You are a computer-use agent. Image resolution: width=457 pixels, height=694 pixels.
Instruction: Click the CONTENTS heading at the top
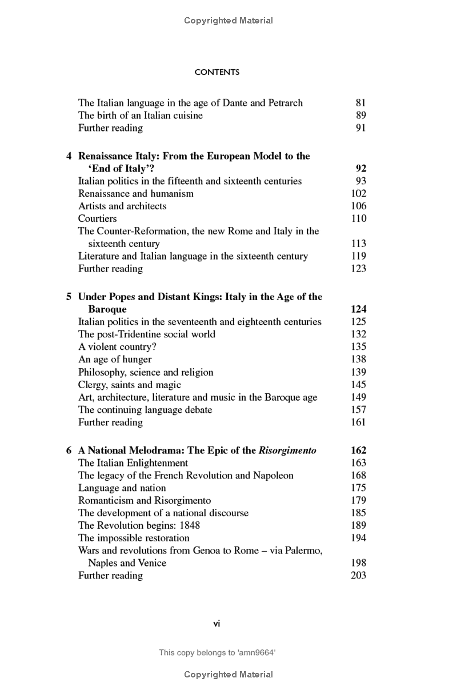pyautogui.click(x=217, y=73)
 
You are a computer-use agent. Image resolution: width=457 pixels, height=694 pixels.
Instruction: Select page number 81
pyautogui.click(x=360, y=103)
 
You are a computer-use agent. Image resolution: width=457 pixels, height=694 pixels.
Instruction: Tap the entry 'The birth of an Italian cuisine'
pyautogui.click(x=141, y=115)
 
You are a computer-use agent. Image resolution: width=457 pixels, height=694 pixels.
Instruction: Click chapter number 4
pyautogui.click(x=69, y=156)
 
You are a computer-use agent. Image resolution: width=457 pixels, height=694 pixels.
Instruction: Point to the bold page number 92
pyautogui.click(x=360, y=169)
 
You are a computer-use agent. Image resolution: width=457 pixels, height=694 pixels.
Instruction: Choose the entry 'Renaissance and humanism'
pyautogui.click(x=136, y=194)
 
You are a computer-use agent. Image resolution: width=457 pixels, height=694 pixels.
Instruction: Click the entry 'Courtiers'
pyautogui.click(x=97, y=219)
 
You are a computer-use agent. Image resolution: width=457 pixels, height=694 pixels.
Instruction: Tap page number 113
pyautogui.click(x=358, y=244)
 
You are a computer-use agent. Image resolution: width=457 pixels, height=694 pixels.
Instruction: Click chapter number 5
pyautogui.click(x=69, y=297)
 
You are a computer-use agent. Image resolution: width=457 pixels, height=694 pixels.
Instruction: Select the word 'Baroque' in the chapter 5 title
pyautogui.click(x=107, y=309)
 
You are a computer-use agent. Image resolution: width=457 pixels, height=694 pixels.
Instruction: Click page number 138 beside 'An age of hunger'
pyautogui.click(x=358, y=360)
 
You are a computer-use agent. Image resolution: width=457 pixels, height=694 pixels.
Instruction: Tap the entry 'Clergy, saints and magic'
pyautogui.click(x=130, y=385)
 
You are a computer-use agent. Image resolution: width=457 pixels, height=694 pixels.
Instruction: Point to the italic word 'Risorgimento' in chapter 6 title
pyautogui.click(x=287, y=450)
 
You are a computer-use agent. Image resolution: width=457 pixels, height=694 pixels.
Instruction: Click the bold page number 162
pyautogui.click(x=358, y=450)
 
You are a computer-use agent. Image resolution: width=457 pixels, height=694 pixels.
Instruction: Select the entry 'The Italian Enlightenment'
pyautogui.click(x=133, y=463)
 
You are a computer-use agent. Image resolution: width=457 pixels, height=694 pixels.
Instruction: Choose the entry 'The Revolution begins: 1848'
pyautogui.click(x=139, y=525)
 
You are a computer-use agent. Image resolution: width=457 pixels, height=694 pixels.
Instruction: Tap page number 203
pyautogui.click(x=358, y=576)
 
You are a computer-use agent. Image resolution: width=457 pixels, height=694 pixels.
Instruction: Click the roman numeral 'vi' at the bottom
pyautogui.click(x=217, y=624)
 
